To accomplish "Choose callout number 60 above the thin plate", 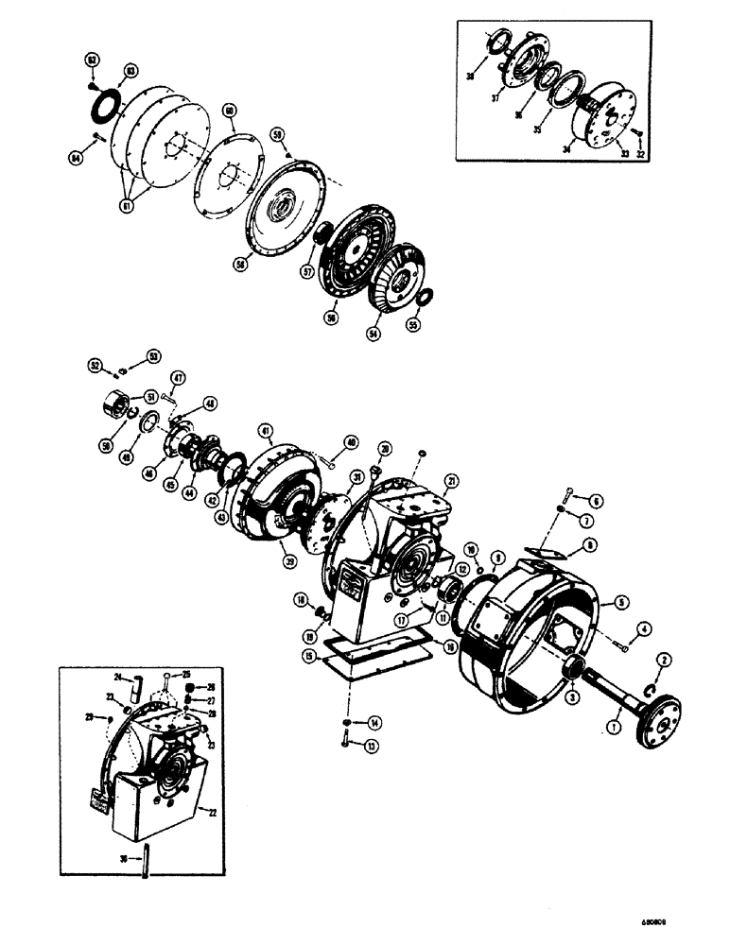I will point(229,111).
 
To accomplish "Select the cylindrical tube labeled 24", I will point(135,679).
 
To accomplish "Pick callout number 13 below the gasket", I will point(370,747).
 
